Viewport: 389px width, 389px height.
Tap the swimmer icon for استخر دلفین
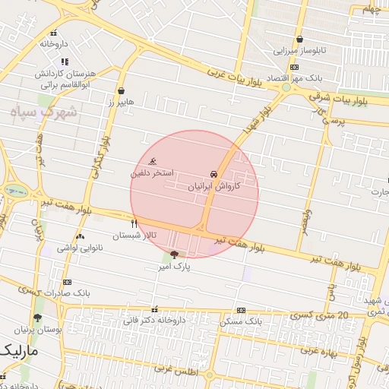[x=153, y=162]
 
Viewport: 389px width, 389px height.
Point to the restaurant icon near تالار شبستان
[x=134, y=223]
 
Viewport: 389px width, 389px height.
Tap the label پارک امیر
[x=174, y=267]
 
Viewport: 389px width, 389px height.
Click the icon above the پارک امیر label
[x=175, y=255]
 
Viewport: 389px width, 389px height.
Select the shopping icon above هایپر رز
[x=122, y=90]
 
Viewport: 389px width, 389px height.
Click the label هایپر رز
[x=120, y=101]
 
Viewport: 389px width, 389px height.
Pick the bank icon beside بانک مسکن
[x=241, y=310]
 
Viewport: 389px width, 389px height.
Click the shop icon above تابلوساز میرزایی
[x=300, y=40]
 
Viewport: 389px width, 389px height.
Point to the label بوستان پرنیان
[x=38, y=330]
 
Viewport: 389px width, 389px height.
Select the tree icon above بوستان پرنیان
[x=38, y=318]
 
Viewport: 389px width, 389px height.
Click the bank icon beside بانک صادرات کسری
[x=67, y=281]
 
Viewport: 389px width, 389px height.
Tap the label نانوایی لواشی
[x=79, y=248]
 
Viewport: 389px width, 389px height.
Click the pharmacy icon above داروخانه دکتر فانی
[x=156, y=309]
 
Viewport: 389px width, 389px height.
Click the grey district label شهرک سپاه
[x=46, y=112]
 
